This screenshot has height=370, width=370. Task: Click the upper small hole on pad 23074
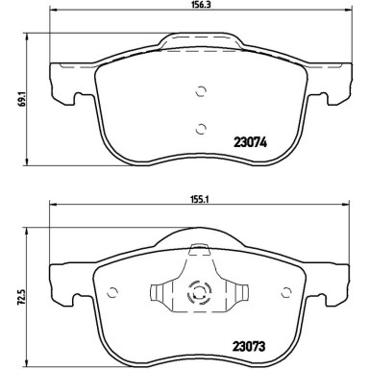tap(201, 92)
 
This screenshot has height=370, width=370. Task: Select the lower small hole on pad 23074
tap(201, 130)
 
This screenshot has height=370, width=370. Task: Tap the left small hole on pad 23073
tap(112, 293)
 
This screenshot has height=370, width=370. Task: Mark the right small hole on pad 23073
tap(288, 293)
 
